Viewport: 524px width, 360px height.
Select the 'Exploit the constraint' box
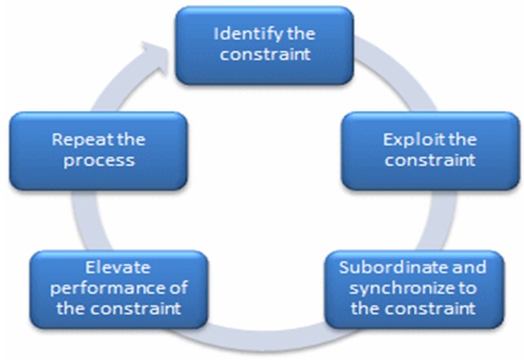click(429, 150)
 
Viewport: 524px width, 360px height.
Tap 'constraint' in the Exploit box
click(430, 160)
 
